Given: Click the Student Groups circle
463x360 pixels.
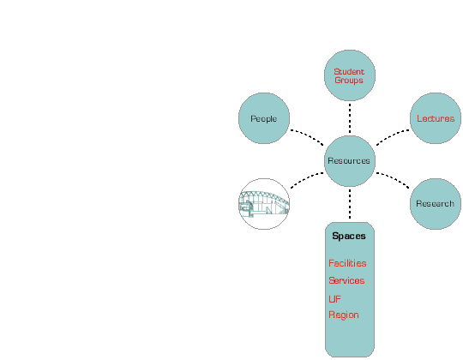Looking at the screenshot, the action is click(x=350, y=75).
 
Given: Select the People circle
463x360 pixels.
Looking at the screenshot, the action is click(x=264, y=118).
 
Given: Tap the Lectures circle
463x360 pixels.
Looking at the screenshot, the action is click(x=436, y=118).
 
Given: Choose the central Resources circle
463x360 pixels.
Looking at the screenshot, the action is click(x=350, y=161).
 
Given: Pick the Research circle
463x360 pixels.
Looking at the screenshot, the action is click(x=436, y=204).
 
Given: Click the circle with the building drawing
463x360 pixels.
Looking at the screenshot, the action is click(x=264, y=204).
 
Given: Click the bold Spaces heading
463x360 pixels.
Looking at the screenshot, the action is click(x=349, y=236).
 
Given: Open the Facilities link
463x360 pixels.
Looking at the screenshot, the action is click(x=347, y=263).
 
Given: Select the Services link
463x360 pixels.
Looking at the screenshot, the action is click(x=346, y=280).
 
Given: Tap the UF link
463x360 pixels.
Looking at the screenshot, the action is click(x=334, y=299).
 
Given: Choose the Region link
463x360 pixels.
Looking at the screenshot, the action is click(x=344, y=315).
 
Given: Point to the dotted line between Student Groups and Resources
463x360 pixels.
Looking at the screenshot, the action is click(x=350, y=118).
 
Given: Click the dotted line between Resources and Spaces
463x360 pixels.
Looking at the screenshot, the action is click(x=350, y=204).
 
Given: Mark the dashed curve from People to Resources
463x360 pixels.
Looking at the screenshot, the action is click(x=308, y=135).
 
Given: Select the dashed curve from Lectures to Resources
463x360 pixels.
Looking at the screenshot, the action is click(x=392, y=135).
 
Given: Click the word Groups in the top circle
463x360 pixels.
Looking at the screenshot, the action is click(x=349, y=81).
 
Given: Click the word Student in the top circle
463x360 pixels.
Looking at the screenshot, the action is click(x=349, y=72).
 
